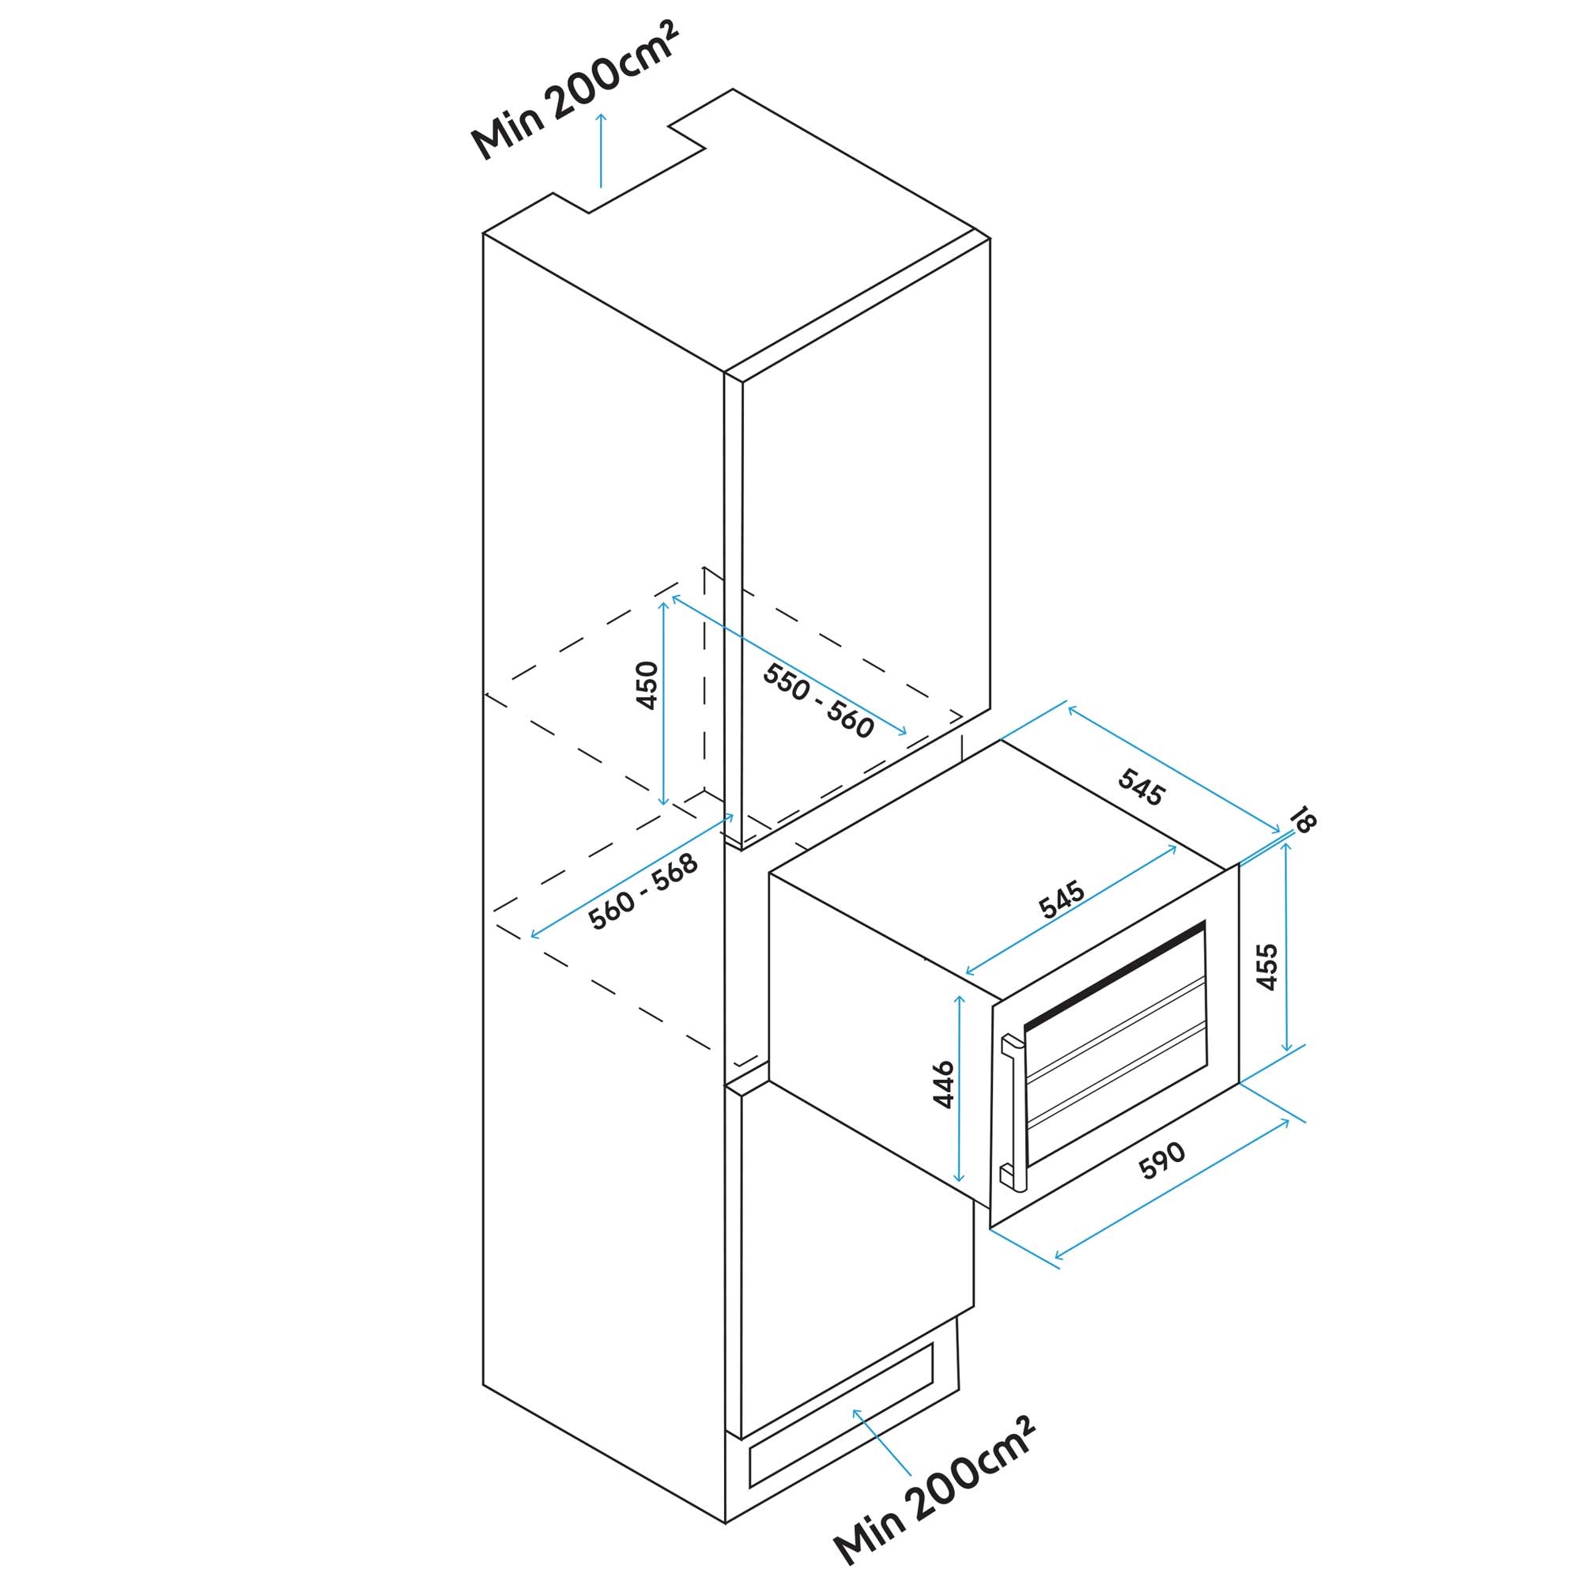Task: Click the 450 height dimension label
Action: (x=647, y=685)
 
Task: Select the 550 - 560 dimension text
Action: (x=817, y=700)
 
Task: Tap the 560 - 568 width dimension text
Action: (x=643, y=892)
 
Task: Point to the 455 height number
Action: (x=1266, y=967)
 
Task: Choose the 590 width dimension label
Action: (x=1162, y=1162)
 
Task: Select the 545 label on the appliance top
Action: (x=1062, y=900)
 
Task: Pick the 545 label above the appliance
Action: (x=1141, y=788)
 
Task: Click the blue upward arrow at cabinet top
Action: (x=602, y=152)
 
